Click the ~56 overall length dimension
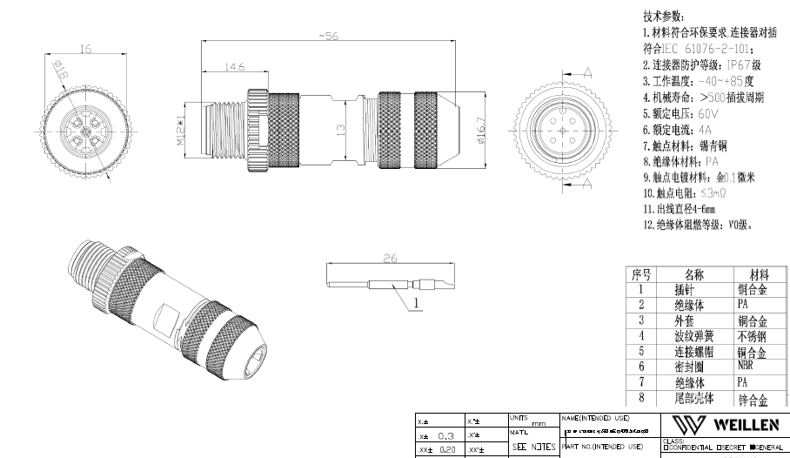tap(328, 36)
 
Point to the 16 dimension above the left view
tap(85, 51)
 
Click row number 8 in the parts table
tap(641, 399)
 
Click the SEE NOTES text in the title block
tap(532, 447)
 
